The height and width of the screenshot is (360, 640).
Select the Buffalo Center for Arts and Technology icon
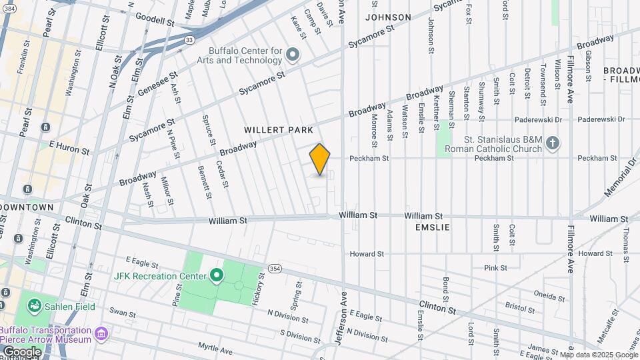click(292, 53)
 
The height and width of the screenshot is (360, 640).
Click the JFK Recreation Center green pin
click(216, 275)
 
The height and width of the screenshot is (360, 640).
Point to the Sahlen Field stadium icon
click(33, 306)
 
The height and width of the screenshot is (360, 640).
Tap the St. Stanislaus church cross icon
click(552, 142)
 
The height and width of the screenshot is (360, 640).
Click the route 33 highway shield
click(190, 40)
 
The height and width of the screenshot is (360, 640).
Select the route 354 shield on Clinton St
click(275, 268)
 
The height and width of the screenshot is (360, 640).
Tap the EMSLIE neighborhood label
click(433, 227)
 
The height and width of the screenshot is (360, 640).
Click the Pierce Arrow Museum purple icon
click(101, 332)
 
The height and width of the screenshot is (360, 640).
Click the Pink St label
click(496, 268)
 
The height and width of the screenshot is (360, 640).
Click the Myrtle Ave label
click(215, 348)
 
